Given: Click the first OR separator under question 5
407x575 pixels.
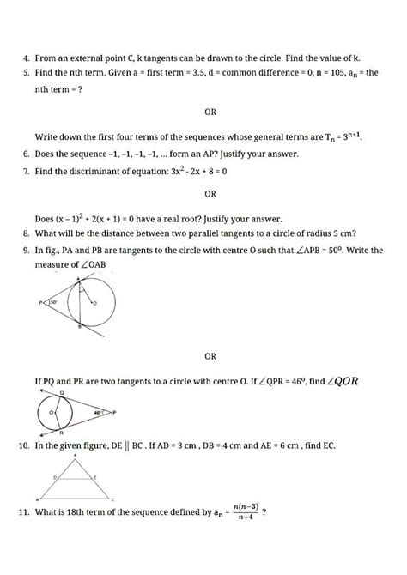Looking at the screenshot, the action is tap(210, 112).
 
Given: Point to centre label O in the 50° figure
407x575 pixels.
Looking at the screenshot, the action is tap(94, 304).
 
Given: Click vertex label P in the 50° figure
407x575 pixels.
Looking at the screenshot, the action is tap(39, 302).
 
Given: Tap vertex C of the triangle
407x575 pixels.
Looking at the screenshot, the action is tap(112, 499).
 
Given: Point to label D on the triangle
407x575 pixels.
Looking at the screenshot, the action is tap(55, 476).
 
